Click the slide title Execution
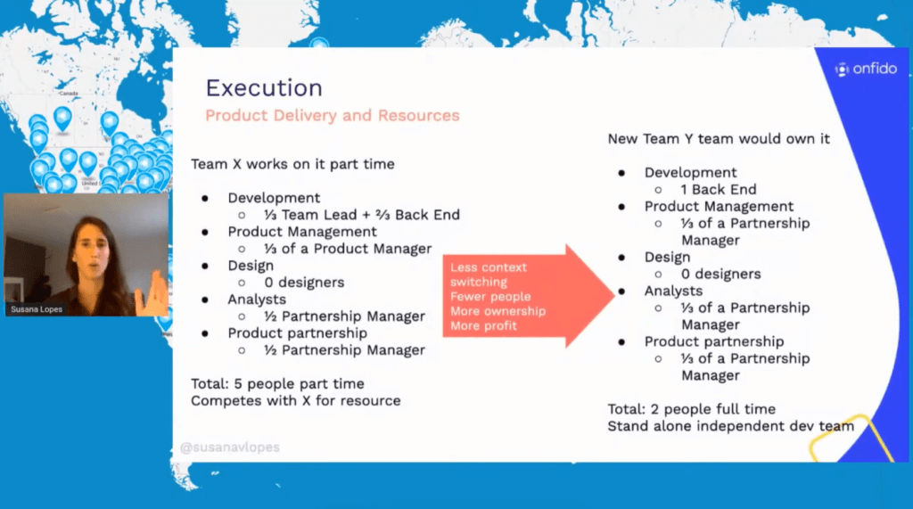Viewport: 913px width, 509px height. (264, 88)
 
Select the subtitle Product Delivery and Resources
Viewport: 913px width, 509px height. (333, 115)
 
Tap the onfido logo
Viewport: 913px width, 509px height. (866, 70)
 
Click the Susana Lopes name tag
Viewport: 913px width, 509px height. (36, 309)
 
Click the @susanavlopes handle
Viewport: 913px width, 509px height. (230, 447)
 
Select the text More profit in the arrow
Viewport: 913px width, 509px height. (483, 326)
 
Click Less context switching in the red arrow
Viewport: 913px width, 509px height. (488, 275)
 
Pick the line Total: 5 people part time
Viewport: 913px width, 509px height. (278, 384)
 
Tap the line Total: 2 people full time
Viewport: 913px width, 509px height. (692, 409)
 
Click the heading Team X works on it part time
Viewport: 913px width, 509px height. (292, 164)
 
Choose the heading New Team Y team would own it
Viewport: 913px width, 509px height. (719, 139)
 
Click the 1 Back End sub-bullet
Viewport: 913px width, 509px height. (719, 190)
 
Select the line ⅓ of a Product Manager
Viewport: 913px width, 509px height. (348, 250)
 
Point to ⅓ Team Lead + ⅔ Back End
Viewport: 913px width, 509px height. (362, 215)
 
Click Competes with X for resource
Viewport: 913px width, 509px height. (296, 400)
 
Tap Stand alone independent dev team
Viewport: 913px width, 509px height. (731, 426)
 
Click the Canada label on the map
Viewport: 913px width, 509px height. (68, 94)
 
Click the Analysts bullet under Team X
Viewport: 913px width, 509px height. (257, 300)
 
